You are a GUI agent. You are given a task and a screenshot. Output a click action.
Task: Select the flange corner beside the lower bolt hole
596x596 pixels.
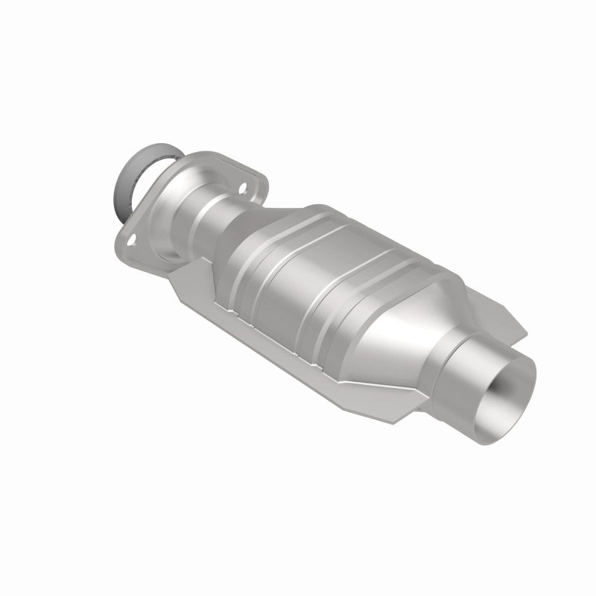click(x=123, y=246)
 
